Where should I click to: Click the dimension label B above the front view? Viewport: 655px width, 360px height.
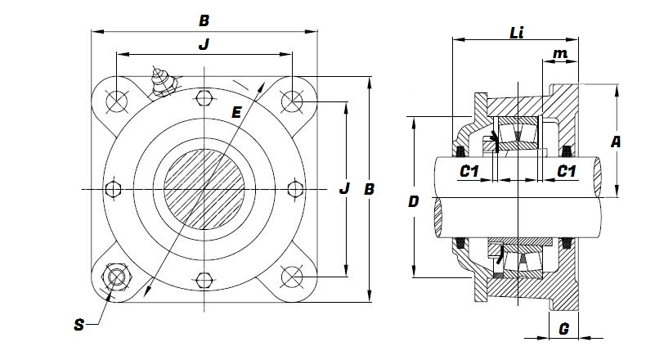click(x=204, y=18)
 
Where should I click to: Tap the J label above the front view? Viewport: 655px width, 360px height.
click(x=204, y=46)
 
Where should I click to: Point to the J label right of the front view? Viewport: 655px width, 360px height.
click(x=344, y=189)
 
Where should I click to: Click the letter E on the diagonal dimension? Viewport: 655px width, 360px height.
click(x=236, y=112)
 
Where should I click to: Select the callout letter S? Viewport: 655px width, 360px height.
click(x=79, y=325)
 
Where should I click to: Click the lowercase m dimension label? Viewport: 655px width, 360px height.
click(x=560, y=53)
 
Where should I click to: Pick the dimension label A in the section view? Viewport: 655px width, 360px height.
click(x=616, y=142)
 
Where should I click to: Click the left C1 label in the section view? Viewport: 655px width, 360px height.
click(x=469, y=171)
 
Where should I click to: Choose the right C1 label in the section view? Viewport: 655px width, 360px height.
click(x=565, y=171)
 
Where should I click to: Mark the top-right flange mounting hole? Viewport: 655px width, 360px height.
click(x=291, y=100)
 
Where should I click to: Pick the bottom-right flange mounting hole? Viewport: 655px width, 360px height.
click(x=291, y=277)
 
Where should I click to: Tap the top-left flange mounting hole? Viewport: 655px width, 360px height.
click(x=115, y=100)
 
